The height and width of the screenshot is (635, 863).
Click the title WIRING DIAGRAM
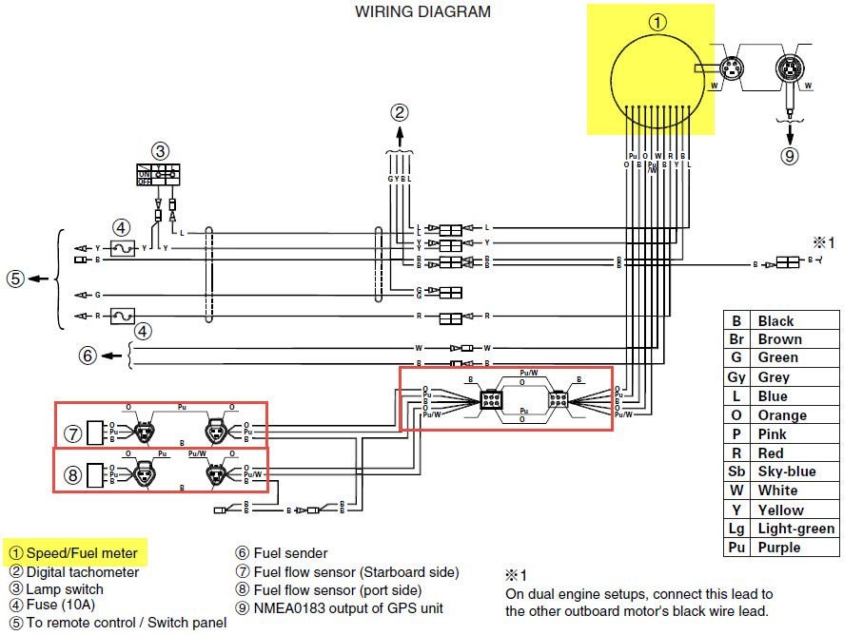tap(422, 12)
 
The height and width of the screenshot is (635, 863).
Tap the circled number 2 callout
tap(400, 112)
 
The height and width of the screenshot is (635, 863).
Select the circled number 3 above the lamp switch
tap(161, 150)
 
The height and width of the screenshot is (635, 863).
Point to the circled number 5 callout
tap(14, 279)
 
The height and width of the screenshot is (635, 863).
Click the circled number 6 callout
tap(88, 356)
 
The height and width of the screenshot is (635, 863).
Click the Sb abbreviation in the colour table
tap(736, 471)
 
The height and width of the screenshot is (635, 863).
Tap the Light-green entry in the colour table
tap(795, 529)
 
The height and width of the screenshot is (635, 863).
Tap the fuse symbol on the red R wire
tap(121, 316)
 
